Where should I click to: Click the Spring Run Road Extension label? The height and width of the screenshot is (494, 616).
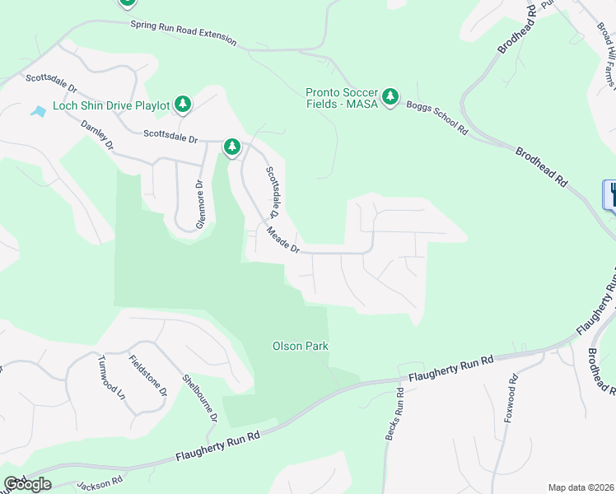pos(183,33)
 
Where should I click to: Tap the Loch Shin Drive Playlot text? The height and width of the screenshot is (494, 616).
pos(111,105)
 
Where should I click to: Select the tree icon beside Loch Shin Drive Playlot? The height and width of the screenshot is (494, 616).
pos(183,104)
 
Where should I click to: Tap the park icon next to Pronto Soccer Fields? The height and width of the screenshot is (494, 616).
pos(390,98)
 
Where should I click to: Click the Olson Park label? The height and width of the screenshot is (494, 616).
pos(301,346)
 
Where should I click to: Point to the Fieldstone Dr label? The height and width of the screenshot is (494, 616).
pos(148,376)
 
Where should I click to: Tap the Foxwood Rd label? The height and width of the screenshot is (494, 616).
pos(511,397)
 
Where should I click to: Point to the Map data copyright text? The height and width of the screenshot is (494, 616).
pos(581,487)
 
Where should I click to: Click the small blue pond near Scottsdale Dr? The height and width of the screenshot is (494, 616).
pos(38,110)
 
